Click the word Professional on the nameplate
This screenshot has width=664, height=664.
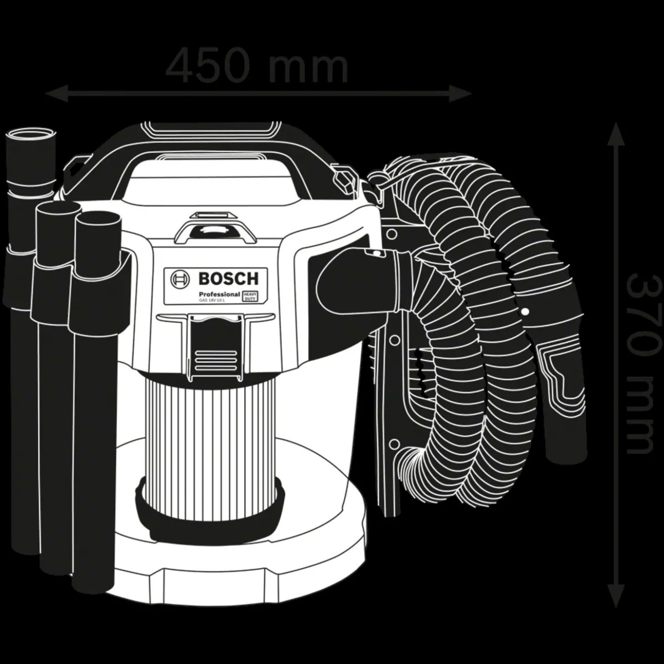tap(219, 294)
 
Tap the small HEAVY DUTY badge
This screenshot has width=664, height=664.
tap(250, 296)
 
